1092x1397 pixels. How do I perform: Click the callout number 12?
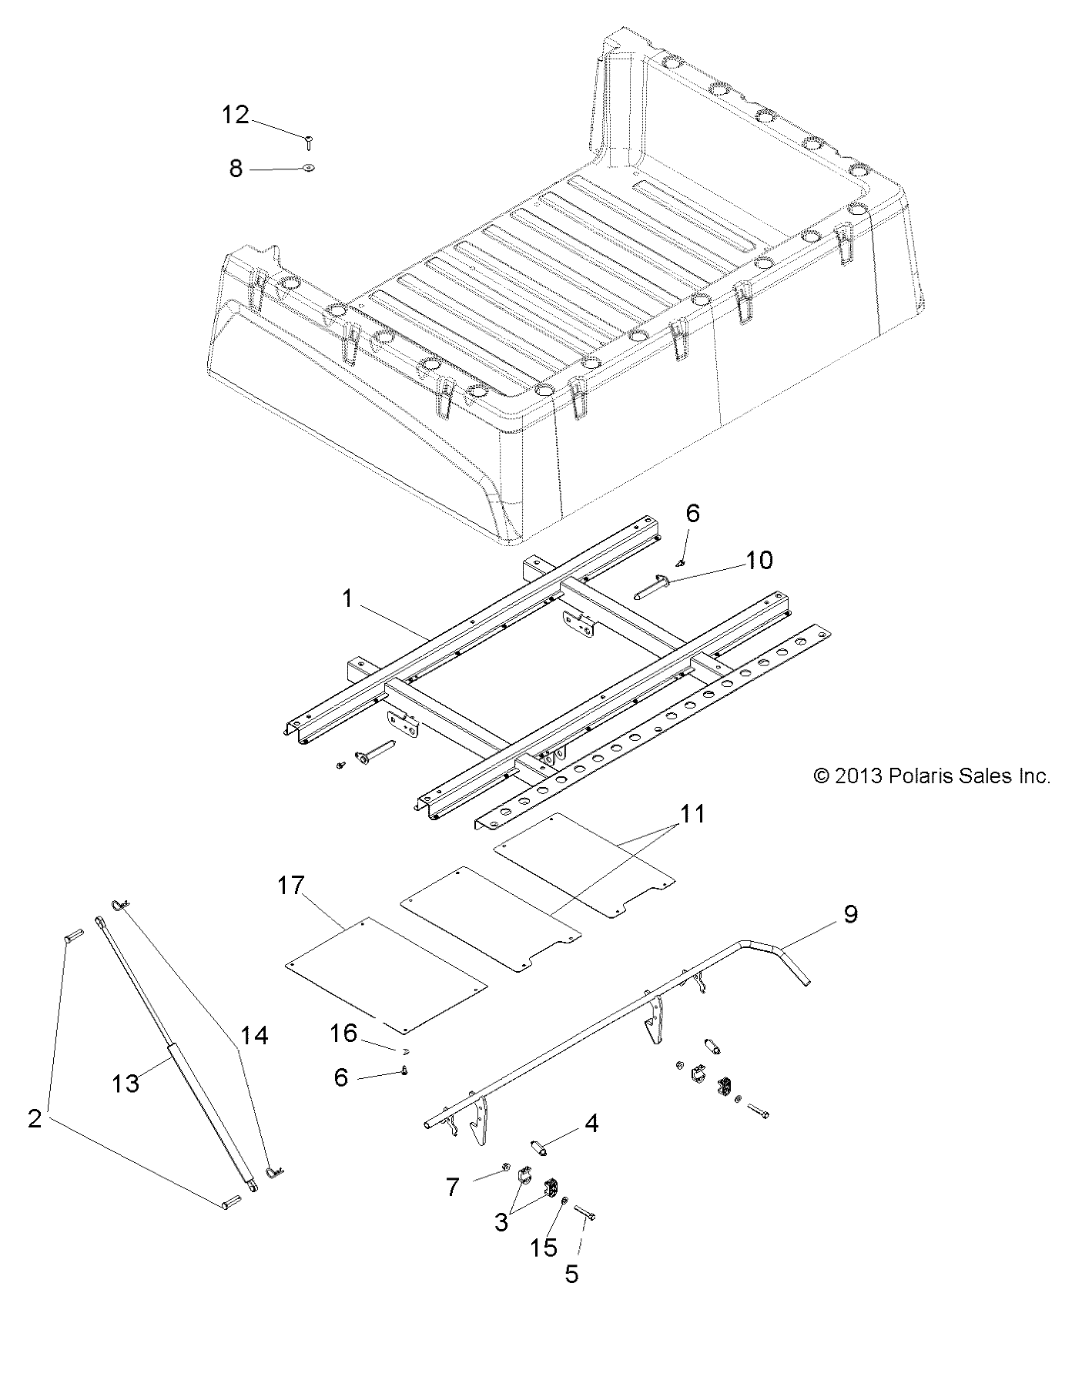235,115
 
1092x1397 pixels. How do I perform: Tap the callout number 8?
236,169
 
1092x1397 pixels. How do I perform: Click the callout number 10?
759,560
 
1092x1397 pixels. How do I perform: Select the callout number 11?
692,813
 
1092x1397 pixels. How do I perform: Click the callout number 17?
292,886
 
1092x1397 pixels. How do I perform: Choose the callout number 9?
850,914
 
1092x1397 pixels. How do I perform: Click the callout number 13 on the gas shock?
126,1084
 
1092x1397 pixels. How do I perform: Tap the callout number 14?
254,1036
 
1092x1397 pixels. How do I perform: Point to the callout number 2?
34,1118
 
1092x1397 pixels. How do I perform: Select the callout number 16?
344,1034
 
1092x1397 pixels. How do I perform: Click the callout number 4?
591,1124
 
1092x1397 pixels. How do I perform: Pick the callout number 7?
452,1188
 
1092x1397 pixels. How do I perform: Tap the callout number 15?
544,1247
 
